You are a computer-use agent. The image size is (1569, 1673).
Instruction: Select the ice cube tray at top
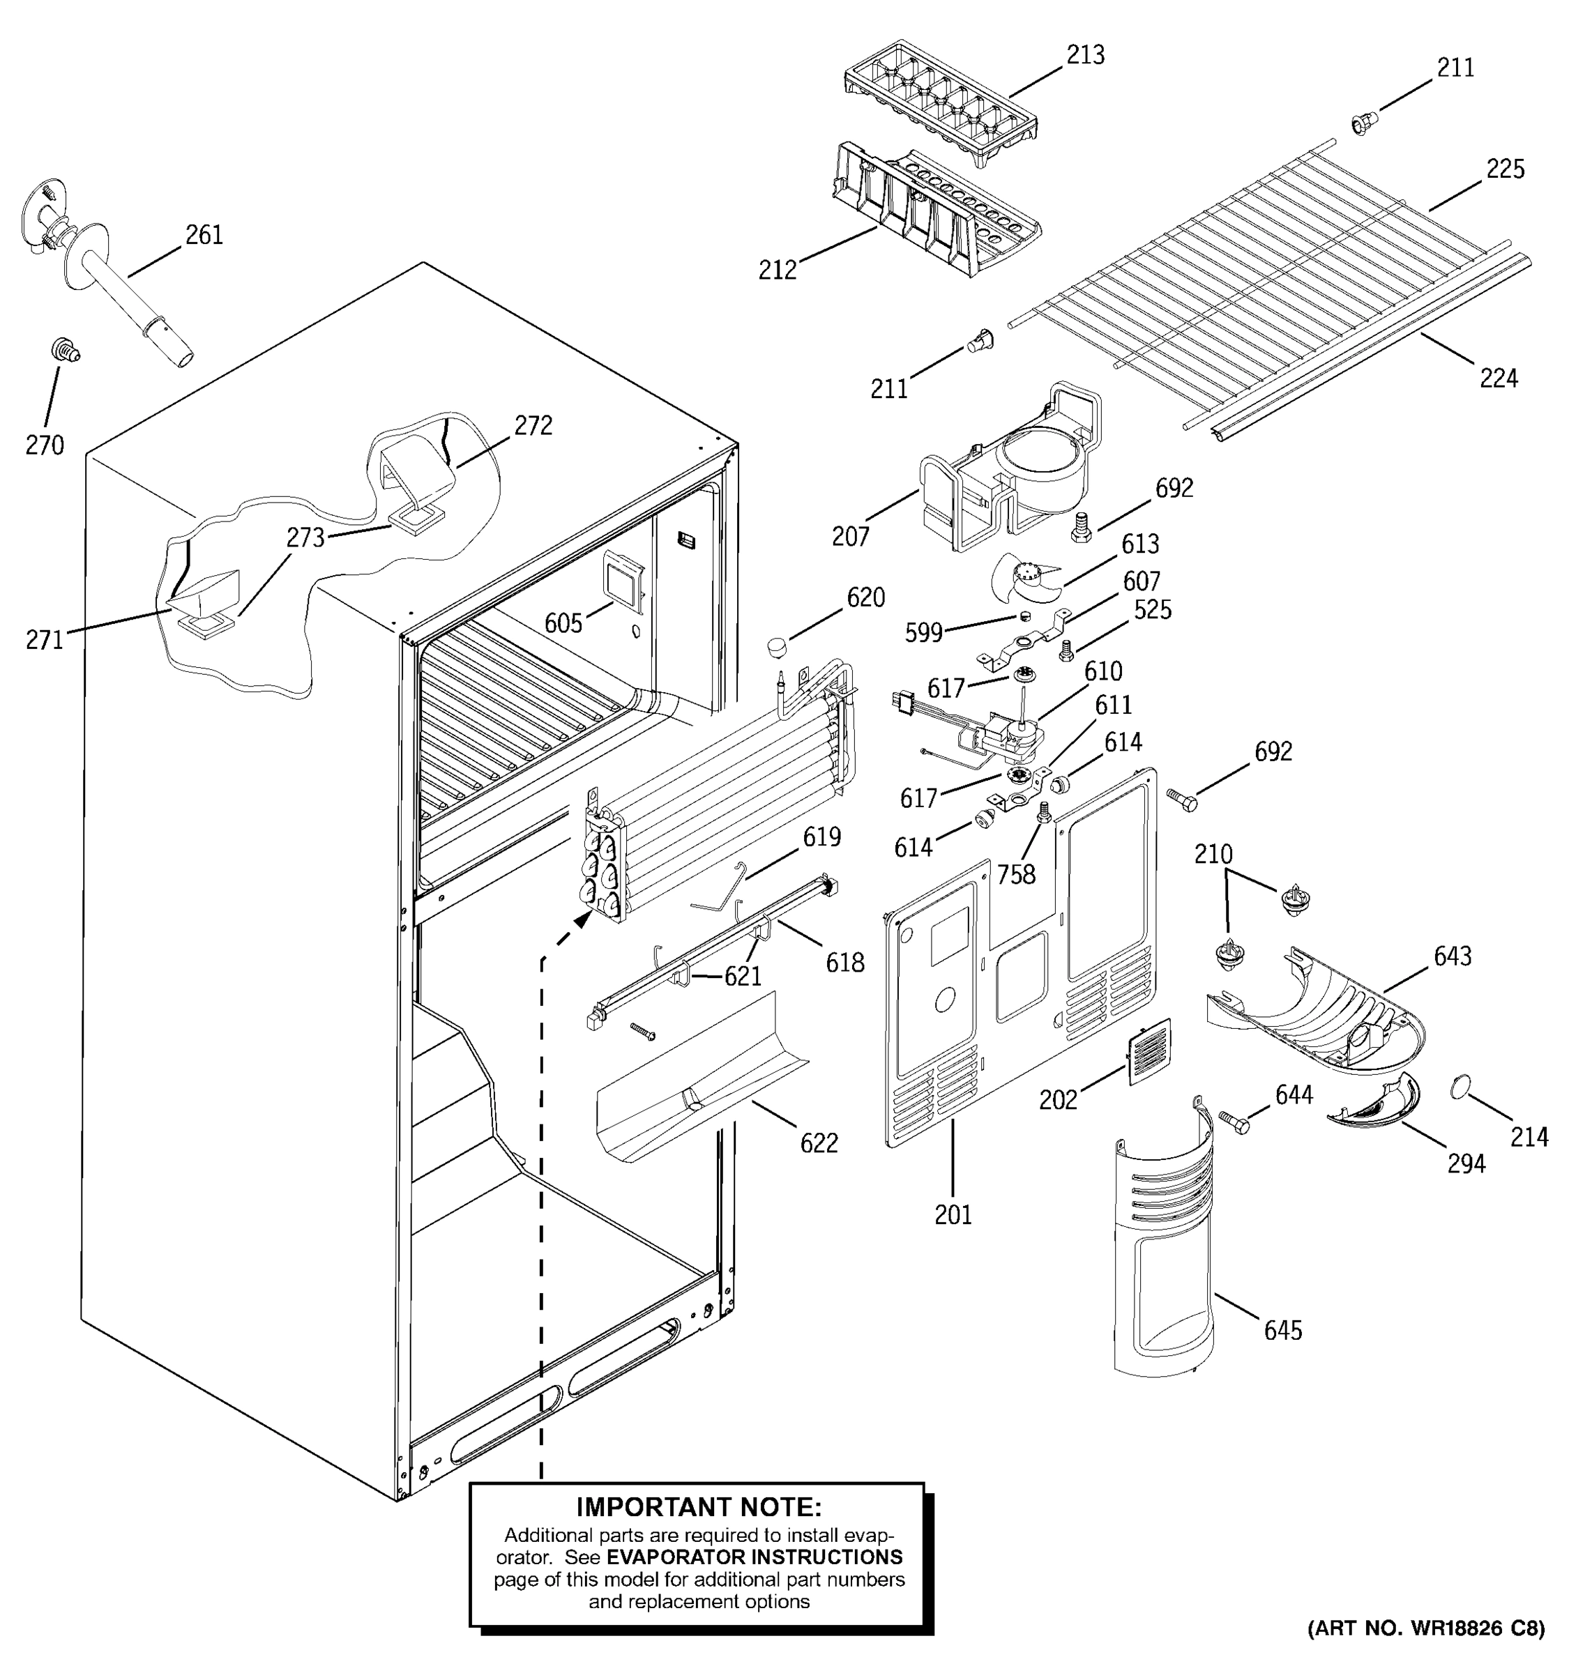pos(940,101)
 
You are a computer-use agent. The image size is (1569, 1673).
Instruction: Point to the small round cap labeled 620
pos(780,649)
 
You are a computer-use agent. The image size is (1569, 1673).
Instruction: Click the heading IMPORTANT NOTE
pos(698,1506)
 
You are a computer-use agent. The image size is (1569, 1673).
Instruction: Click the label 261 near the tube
pos(204,235)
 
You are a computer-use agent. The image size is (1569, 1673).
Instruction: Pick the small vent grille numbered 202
pos(1149,1052)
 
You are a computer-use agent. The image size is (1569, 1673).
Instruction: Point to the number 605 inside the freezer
pos(563,624)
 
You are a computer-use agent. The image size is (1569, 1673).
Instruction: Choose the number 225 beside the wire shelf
pos(1504,169)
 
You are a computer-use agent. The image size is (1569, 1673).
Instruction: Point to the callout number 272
pos(533,426)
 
